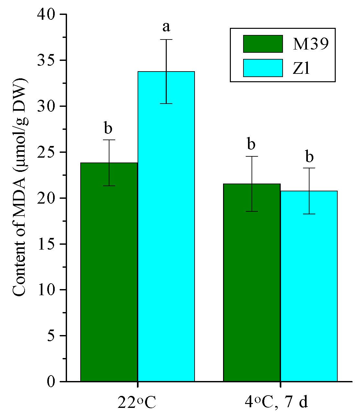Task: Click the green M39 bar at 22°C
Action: (x=109, y=272)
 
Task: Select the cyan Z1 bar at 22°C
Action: (x=166, y=226)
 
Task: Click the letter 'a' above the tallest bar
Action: (x=166, y=27)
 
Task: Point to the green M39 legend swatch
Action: (x=263, y=44)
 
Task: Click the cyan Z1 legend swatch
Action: (x=263, y=68)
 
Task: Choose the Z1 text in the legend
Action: (x=301, y=68)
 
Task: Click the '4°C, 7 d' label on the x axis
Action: (x=276, y=402)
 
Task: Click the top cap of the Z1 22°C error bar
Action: (x=166, y=39)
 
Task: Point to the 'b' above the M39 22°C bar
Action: (x=108, y=128)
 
